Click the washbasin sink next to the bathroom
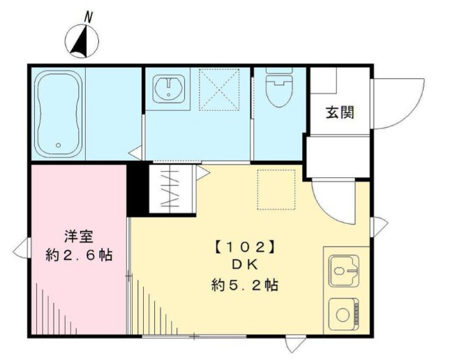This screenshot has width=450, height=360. (168, 89)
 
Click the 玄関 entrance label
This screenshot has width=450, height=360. (339, 111)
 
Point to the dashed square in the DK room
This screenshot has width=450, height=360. (277, 188)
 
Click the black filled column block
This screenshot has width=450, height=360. (137, 189)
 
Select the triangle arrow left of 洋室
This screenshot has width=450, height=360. (19, 247)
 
